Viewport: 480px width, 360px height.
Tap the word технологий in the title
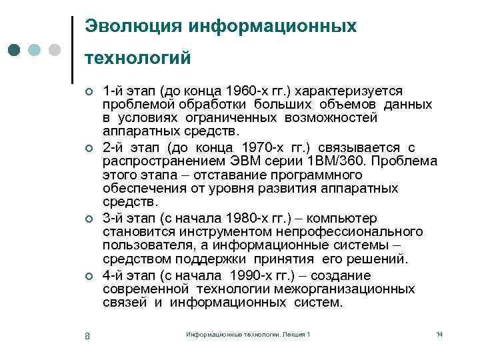(x=138, y=59)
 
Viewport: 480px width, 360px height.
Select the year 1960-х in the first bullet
(x=244, y=90)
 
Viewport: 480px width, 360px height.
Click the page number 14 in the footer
(x=439, y=333)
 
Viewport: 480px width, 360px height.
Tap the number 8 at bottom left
(x=87, y=335)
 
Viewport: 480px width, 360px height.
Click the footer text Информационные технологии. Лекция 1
(x=248, y=333)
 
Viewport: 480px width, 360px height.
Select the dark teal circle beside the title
(x=15, y=50)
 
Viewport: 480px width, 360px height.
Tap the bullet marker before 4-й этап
(x=87, y=277)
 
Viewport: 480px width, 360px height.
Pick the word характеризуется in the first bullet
(x=351, y=90)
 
